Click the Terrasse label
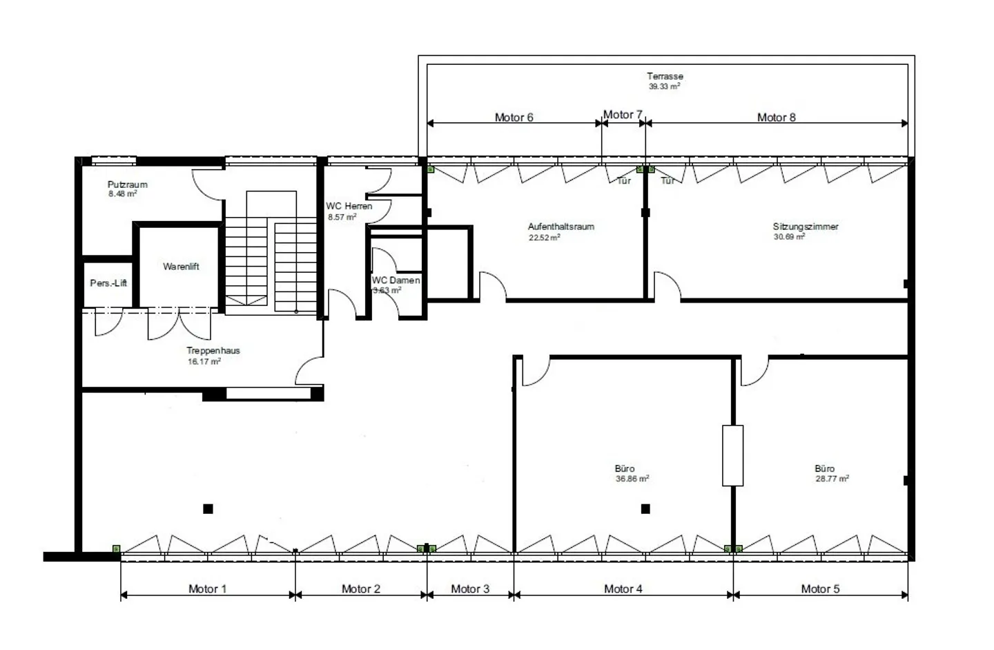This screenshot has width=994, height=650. tap(665, 76)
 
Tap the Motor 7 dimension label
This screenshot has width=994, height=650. tap(623, 115)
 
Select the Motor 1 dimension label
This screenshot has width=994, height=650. tap(207, 589)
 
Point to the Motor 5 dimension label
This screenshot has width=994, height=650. tap(820, 589)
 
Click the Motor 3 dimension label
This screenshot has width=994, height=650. tap(470, 589)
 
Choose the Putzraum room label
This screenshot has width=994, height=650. tap(127, 184)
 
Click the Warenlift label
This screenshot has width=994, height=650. tap(181, 267)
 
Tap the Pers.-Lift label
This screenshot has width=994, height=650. tap(108, 283)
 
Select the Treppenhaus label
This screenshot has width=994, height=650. tap(213, 350)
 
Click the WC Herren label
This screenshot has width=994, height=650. tap(349, 206)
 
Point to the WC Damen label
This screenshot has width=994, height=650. tap(396, 280)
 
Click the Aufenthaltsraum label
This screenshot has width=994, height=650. tap(561, 227)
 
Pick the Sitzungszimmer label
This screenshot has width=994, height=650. tap(806, 227)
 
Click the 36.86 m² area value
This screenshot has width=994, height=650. tap(632, 479)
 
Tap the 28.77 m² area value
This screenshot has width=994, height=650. tap(832, 479)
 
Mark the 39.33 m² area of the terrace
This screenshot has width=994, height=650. tap(664, 87)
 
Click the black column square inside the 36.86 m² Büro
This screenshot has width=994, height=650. tap(645, 509)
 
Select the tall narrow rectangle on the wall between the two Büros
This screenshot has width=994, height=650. tap(732, 455)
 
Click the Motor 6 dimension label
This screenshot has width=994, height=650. tap(514, 117)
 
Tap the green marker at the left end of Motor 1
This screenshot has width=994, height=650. tap(116, 548)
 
